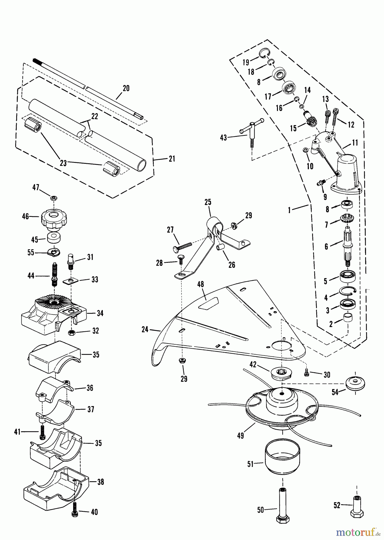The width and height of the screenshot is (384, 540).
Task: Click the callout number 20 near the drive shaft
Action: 126,88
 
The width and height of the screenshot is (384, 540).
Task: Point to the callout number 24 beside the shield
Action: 145,329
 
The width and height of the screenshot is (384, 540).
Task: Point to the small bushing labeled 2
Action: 348,318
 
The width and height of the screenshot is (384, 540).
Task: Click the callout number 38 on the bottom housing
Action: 101,482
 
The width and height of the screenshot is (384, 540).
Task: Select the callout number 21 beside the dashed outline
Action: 172,159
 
